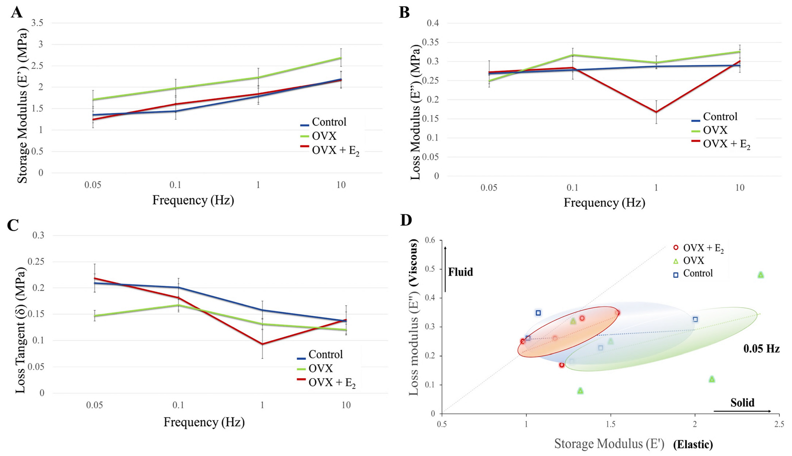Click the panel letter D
406,221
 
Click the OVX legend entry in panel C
321,368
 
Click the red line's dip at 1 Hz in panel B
656,112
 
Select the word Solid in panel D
742,402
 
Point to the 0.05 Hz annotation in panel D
761,349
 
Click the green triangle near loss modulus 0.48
761,275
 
